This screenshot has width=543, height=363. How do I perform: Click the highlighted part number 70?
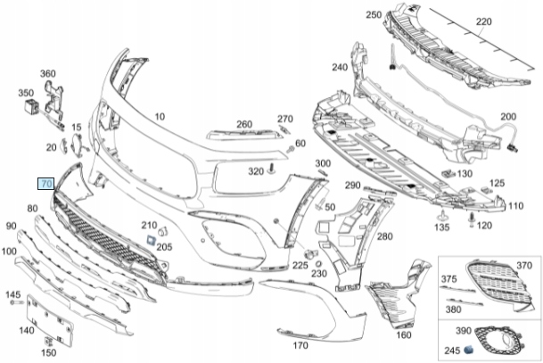click(46, 183)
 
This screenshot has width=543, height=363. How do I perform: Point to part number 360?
click(47, 73)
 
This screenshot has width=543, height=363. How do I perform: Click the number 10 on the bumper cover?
click(160, 117)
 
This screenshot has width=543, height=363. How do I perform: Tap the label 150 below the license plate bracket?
click(49, 353)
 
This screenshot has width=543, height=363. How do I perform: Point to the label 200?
click(508, 118)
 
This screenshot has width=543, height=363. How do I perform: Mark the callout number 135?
click(441, 227)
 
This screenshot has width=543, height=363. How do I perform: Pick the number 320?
click(256, 169)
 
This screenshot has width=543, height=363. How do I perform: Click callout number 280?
click(384, 236)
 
